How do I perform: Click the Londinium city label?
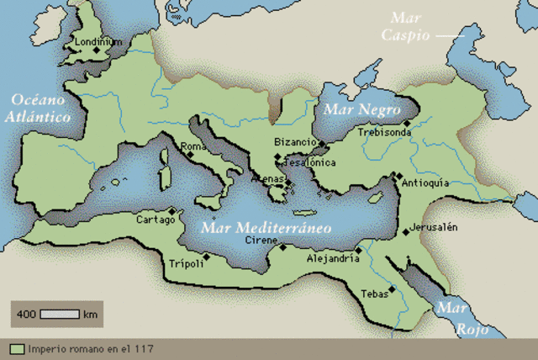coord(92,40)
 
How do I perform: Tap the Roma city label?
coord(193,146)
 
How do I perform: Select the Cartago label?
coord(156,220)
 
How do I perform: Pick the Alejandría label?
coord(333,259)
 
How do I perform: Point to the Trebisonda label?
coord(383,132)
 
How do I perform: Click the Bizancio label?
coord(295,143)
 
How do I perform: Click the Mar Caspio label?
coord(404,26)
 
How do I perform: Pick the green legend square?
coord(16,348)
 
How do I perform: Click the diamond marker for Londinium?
coord(97,50)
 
